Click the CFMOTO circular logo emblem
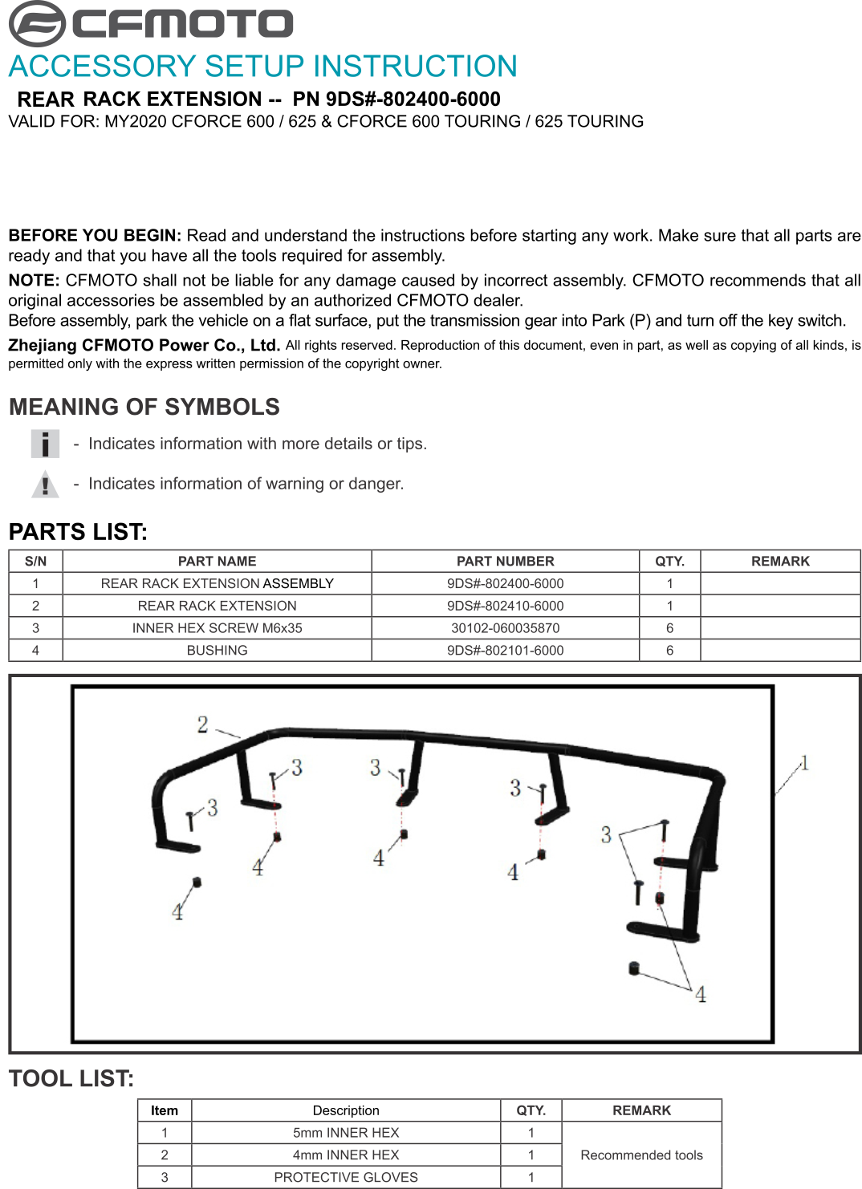tap(37, 24)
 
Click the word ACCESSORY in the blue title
tap(103, 67)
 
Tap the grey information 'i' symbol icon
tap(45, 444)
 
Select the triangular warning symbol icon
tap(45, 484)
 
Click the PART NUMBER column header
tap(505, 561)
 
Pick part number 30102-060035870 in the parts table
tap(505, 628)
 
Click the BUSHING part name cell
tap(217, 650)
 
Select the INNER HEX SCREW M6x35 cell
tap(217, 628)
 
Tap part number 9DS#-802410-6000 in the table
tap(505, 606)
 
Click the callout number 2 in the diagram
tap(202, 724)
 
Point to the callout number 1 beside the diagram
tap(805, 763)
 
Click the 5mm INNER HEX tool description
tap(346, 1133)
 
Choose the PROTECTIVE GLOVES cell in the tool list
tap(346, 1177)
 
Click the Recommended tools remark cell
tap(641, 1155)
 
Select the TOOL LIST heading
tap(71, 1078)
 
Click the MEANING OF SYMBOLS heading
tap(144, 407)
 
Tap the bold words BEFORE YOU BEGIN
tap(95, 235)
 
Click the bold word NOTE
tap(34, 280)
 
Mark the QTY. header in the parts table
tap(669, 561)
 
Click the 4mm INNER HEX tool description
tap(346, 1155)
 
